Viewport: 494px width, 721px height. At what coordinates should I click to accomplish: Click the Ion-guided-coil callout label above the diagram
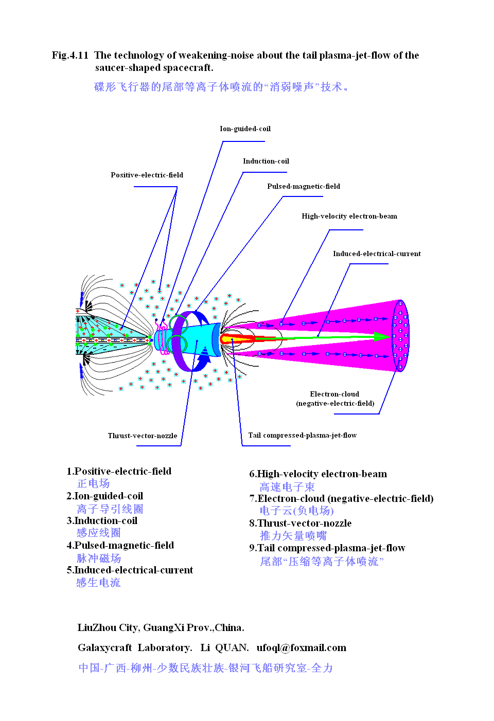[245, 129]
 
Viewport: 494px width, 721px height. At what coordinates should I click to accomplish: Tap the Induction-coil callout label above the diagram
[266, 161]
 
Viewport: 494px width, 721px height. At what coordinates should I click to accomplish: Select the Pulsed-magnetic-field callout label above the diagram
[303, 187]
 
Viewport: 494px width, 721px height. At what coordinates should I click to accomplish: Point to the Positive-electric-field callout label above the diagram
[147, 175]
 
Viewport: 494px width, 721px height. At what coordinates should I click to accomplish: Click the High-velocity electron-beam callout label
[349, 217]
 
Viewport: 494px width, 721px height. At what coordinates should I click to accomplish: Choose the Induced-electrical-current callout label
[377, 254]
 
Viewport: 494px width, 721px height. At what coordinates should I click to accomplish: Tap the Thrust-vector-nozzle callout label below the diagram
[142, 436]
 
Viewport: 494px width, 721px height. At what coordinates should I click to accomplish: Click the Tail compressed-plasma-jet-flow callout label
[302, 436]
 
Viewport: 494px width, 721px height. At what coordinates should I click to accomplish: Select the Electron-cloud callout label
[334, 394]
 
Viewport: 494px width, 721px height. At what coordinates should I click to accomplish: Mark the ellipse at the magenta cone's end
[400, 335]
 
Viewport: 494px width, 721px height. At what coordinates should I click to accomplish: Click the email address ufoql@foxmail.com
[301, 648]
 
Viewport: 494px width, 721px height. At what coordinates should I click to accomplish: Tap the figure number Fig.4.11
[70, 56]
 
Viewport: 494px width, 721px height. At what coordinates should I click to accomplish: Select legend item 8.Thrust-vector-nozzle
[300, 524]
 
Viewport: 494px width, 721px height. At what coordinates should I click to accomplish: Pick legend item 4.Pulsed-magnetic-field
[120, 546]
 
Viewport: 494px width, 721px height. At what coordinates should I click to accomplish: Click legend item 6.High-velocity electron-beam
[317, 474]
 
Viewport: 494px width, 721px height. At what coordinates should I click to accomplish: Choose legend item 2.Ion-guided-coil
[104, 496]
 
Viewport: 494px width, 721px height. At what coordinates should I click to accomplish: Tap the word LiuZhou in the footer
[96, 628]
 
